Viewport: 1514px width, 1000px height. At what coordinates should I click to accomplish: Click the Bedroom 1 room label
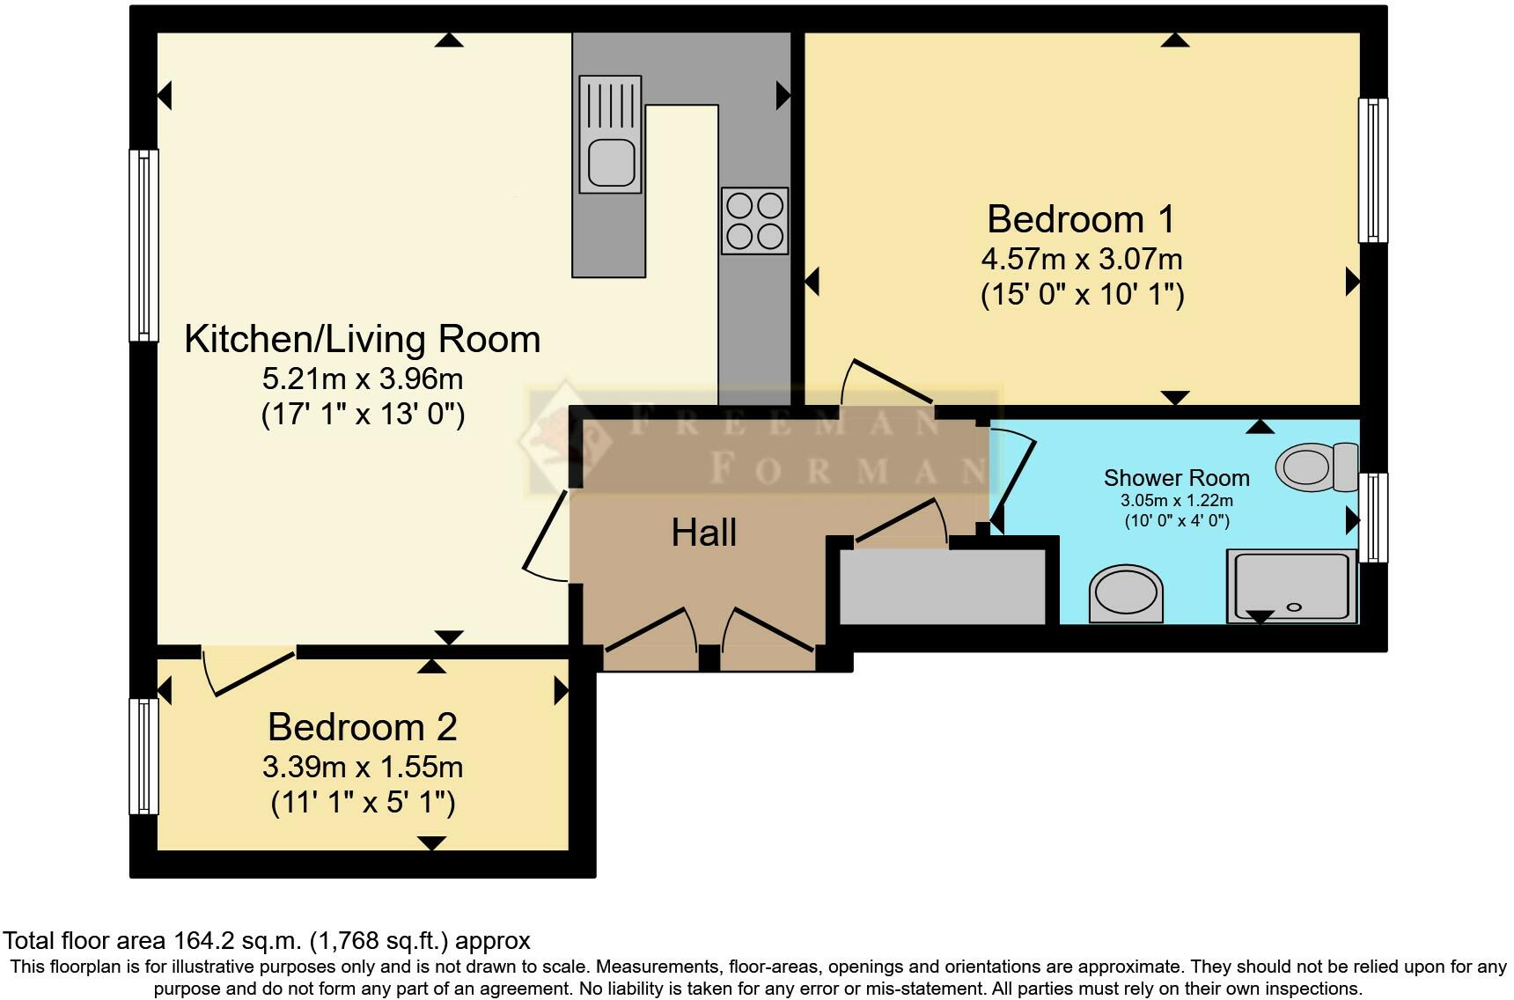[1081, 219]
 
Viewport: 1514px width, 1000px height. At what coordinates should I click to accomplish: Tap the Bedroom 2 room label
[363, 727]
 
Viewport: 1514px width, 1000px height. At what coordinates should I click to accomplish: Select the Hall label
[703, 533]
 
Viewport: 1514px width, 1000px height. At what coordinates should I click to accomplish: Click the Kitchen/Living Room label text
[362, 340]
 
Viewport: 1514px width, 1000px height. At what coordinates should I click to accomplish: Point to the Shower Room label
[1177, 478]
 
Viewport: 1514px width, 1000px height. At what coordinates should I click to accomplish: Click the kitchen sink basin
[611, 163]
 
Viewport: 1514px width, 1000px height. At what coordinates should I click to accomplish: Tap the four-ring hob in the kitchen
[754, 221]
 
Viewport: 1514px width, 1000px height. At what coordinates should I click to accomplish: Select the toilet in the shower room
[1318, 466]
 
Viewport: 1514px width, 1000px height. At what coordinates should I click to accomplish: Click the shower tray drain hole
[1294, 607]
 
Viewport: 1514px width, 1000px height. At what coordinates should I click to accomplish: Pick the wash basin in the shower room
[1127, 592]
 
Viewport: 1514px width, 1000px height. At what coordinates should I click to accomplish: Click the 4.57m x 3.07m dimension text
[1082, 259]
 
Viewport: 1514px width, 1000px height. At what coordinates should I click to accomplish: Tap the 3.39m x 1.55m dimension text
[363, 767]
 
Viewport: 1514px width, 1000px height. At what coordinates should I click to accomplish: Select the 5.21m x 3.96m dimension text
[363, 379]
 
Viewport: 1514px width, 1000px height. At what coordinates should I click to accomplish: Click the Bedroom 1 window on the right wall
[1373, 170]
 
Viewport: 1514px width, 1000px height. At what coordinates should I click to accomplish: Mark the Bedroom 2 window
[144, 756]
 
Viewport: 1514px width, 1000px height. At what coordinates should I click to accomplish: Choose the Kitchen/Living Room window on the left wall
[144, 245]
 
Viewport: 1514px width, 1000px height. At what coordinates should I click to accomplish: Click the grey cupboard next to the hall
[943, 587]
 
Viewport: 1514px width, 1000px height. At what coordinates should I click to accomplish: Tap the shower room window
[1373, 518]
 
